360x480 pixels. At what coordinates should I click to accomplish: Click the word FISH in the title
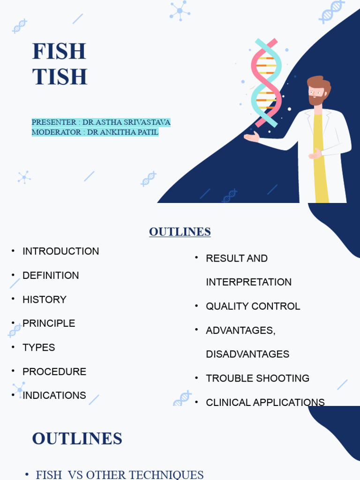(x=59, y=51)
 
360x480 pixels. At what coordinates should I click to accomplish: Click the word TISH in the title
(x=60, y=77)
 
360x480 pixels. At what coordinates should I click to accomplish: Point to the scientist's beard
(x=317, y=100)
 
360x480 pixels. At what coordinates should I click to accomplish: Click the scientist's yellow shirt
(x=321, y=159)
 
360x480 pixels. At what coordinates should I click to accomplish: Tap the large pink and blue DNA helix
(x=266, y=82)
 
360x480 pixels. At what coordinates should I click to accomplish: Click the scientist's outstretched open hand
(x=252, y=137)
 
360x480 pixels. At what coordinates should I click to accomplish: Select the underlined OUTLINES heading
(x=180, y=232)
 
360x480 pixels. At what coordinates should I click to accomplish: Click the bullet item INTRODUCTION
(x=60, y=251)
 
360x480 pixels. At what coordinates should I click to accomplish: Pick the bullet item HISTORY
(x=45, y=300)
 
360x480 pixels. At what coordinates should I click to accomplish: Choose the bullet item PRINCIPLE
(x=49, y=323)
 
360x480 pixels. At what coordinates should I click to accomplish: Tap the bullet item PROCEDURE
(x=54, y=372)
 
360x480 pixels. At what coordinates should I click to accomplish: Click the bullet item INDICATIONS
(x=54, y=396)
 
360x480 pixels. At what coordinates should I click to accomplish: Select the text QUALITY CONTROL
(x=253, y=307)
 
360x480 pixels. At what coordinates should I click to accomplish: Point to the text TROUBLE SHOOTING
(x=258, y=378)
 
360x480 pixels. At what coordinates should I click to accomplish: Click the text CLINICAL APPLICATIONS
(x=265, y=402)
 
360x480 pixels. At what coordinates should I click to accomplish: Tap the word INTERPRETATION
(x=249, y=282)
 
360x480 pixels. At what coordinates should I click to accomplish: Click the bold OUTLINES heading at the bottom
(x=77, y=439)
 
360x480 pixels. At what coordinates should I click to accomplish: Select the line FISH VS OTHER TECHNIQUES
(x=120, y=474)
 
